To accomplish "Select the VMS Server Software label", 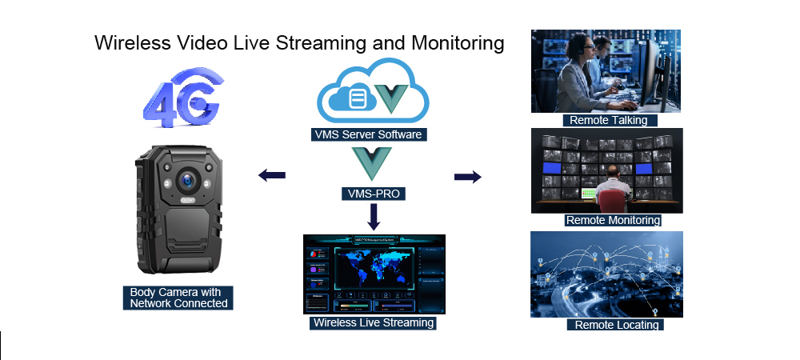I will click(369, 134).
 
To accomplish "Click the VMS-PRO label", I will click(369, 193).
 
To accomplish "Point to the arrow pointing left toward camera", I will click(273, 175).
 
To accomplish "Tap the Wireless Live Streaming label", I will click(374, 323).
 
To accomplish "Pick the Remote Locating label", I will click(617, 325).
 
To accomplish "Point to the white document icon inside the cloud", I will click(358, 98).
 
